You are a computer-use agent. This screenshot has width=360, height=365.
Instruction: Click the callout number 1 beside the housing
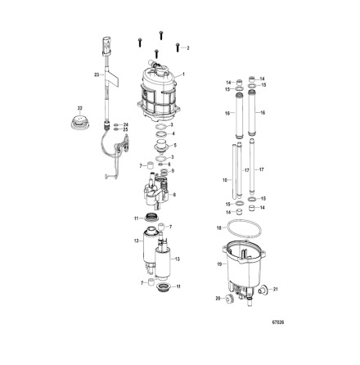(183, 74)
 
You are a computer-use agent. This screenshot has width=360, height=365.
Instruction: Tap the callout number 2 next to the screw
(187, 48)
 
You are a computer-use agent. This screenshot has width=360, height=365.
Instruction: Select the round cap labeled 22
(80, 124)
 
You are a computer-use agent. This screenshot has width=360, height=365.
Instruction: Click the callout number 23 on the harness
(97, 74)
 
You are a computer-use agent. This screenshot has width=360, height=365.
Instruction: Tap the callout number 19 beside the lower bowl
(219, 264)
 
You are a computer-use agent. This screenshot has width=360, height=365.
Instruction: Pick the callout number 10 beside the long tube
(223, 178)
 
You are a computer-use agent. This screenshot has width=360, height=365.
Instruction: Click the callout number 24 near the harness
(127, 124)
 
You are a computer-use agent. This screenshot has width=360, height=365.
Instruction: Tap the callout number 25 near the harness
(127, 129)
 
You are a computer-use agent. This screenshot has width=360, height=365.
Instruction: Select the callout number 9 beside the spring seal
(173, 170)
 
